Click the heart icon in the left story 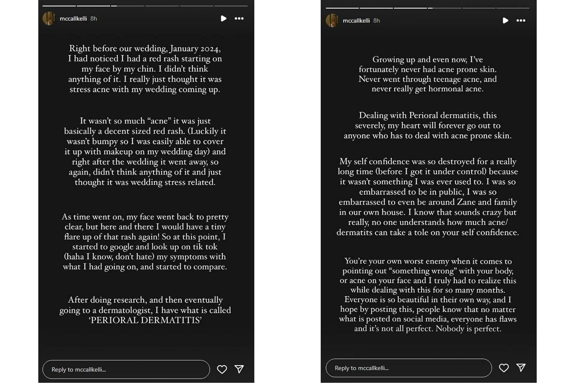pos(222,369)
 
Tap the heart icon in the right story pos(504,368)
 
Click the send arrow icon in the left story pos(239,369)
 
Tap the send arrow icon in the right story pos(521,368)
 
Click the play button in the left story pos(223,19)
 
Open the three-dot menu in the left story pos(239,19)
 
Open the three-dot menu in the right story pos(521,21)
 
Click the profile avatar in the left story pos(49,19)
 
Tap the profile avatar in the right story pos(332,21)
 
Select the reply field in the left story pos(126,370)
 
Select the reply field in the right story pos(408,368)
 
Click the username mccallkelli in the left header pos(73,19)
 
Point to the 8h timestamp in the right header pos(376,21)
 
